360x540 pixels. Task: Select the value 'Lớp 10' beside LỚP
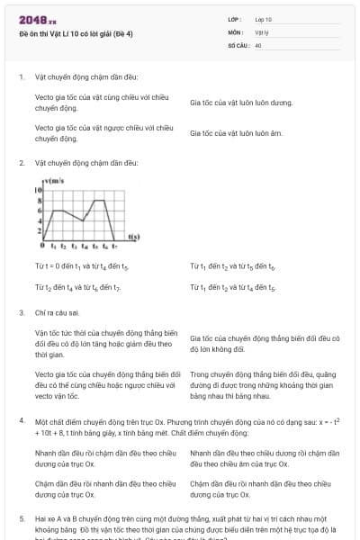[x=263, y=19]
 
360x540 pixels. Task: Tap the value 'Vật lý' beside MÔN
[x=261, y=31]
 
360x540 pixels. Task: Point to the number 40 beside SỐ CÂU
[x=258, y=44]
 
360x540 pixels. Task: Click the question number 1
[x=21, y=76]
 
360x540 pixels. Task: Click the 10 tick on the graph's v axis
[x=40, y=191]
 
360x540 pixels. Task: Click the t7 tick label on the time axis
[x=112, y=246]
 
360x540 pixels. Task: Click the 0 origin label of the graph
[x=41, y=246]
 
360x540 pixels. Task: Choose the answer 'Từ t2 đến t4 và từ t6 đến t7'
[x=77, y=286]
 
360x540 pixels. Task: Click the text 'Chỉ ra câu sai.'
[x=56, y=312]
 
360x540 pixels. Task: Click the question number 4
[x=21, y=421]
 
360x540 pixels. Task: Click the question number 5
[x=21, y=519]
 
